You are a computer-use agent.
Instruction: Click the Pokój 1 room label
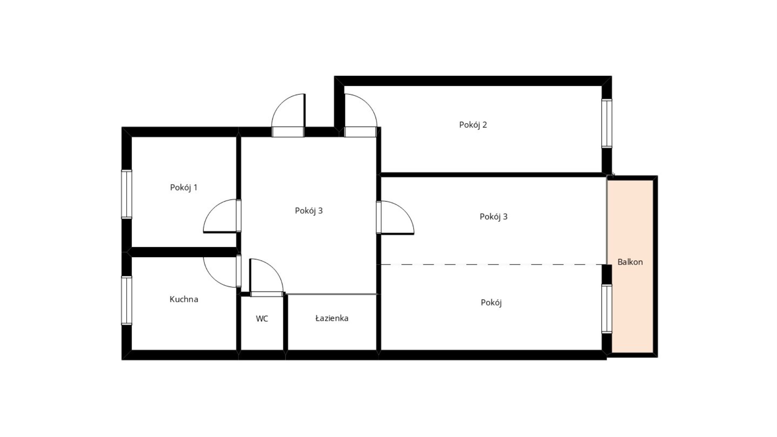184,188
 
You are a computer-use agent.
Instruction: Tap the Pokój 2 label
473,125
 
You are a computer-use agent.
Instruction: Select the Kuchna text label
184,299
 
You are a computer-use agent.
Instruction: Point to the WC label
262,319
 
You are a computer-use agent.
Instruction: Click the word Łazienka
332,318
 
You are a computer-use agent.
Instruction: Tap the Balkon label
630,262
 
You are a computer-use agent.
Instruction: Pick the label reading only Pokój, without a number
491,303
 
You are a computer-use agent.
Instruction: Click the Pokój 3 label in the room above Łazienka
309,211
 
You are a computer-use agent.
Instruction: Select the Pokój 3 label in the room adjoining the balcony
493,217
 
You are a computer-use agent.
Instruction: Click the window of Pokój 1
127,194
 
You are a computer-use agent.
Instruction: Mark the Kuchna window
127,300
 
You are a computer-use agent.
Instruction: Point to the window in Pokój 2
607,123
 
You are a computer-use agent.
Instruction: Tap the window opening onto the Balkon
607,309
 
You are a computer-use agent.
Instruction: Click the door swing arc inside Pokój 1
213,209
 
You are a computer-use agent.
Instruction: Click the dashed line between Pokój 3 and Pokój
494,265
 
